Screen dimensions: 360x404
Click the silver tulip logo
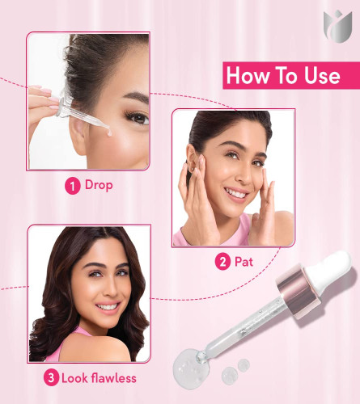point(337,27)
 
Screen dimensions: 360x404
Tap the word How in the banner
point(248,75)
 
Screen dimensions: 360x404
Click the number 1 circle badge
point(73,186)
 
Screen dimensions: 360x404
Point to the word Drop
point(99,185)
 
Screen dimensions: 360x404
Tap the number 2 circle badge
point(222,262)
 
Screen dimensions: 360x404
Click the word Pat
point(244,262)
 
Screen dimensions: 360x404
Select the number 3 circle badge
point(51,378)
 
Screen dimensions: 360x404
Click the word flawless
point(113,378)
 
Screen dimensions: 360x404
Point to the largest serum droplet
point(190,368)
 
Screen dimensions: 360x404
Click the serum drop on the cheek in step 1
point(109,133)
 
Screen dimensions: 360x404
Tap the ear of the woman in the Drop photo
point(78,136)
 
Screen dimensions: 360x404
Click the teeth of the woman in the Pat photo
point(236,193)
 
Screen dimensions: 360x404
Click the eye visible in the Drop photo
point(138,118)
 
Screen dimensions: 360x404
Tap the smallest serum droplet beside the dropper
point(244,365)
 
